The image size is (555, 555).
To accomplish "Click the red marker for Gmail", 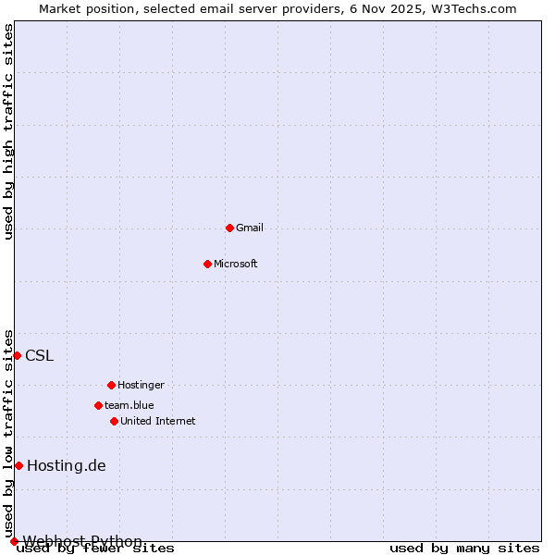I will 229,228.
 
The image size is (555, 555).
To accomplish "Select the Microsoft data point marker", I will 207,264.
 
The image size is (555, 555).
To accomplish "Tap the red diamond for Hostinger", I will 111,385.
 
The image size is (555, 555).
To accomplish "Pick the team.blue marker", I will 98,405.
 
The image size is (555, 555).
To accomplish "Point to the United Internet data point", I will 114,421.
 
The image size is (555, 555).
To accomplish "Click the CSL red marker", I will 17,355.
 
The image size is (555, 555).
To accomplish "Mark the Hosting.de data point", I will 18,465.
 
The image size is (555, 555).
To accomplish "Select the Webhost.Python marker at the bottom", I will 14,541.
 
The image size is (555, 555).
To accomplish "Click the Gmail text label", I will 250,228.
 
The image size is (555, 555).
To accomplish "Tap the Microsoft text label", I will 236,264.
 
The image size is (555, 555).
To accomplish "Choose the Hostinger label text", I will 141,385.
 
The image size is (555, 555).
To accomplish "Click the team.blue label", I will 129,405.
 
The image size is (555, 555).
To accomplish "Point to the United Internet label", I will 158,421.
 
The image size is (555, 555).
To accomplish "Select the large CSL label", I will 39,356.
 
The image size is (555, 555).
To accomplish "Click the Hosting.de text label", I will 67,465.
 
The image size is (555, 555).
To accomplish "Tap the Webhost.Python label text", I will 82,541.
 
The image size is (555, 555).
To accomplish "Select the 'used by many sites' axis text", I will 464,549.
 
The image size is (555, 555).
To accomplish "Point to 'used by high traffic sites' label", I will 9,131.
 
